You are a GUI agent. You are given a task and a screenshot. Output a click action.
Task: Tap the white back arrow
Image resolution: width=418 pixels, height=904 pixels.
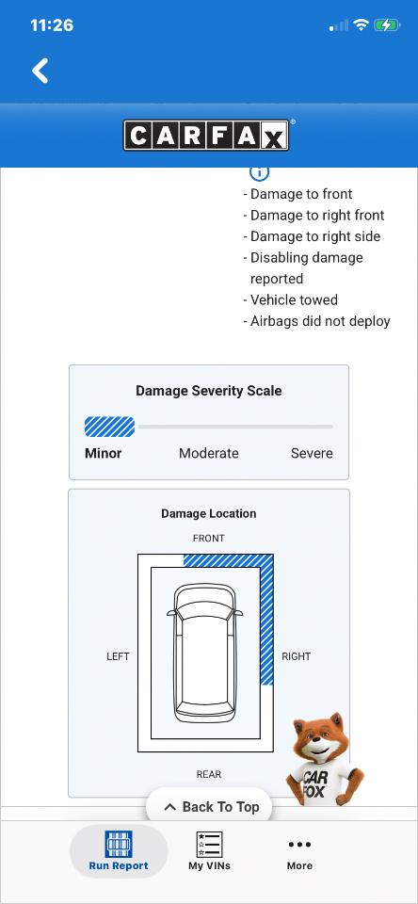40,71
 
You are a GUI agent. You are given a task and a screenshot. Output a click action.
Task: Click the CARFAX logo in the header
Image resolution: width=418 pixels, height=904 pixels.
206,135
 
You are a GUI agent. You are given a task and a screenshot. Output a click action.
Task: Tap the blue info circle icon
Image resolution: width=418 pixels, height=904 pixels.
260,171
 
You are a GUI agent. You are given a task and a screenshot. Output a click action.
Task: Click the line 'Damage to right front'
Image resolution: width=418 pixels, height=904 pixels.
313,215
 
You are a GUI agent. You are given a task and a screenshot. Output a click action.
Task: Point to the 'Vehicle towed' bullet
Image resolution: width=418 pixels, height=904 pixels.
291,299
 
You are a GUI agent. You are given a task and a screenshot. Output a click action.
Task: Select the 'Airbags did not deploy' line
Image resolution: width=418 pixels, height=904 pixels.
316,321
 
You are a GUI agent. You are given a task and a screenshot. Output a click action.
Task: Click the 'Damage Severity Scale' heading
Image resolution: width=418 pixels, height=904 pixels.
209,391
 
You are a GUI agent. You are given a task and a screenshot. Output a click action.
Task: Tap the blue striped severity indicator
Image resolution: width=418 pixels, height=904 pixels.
109,427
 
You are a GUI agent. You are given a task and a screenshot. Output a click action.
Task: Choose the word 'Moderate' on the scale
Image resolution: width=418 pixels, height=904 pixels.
209,453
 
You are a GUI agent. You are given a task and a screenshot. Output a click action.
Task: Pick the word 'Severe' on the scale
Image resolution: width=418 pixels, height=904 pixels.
312,453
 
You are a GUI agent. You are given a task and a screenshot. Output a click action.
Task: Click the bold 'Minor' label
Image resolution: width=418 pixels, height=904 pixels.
104,453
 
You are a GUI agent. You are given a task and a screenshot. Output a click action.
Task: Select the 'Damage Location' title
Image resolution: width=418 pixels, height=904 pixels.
209,514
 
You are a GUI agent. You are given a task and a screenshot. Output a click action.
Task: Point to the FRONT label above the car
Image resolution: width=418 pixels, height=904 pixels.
209,539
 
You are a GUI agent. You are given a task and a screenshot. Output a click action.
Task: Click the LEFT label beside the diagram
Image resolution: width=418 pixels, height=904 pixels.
119,656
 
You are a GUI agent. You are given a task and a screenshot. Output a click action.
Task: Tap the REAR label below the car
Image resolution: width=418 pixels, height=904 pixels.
209,774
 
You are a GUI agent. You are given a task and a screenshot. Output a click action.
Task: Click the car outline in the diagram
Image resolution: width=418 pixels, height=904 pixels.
204,653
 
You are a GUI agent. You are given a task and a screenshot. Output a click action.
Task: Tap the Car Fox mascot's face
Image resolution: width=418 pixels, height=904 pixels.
318,740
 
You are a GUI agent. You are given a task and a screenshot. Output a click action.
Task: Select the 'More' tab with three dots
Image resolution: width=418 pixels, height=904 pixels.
299,853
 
